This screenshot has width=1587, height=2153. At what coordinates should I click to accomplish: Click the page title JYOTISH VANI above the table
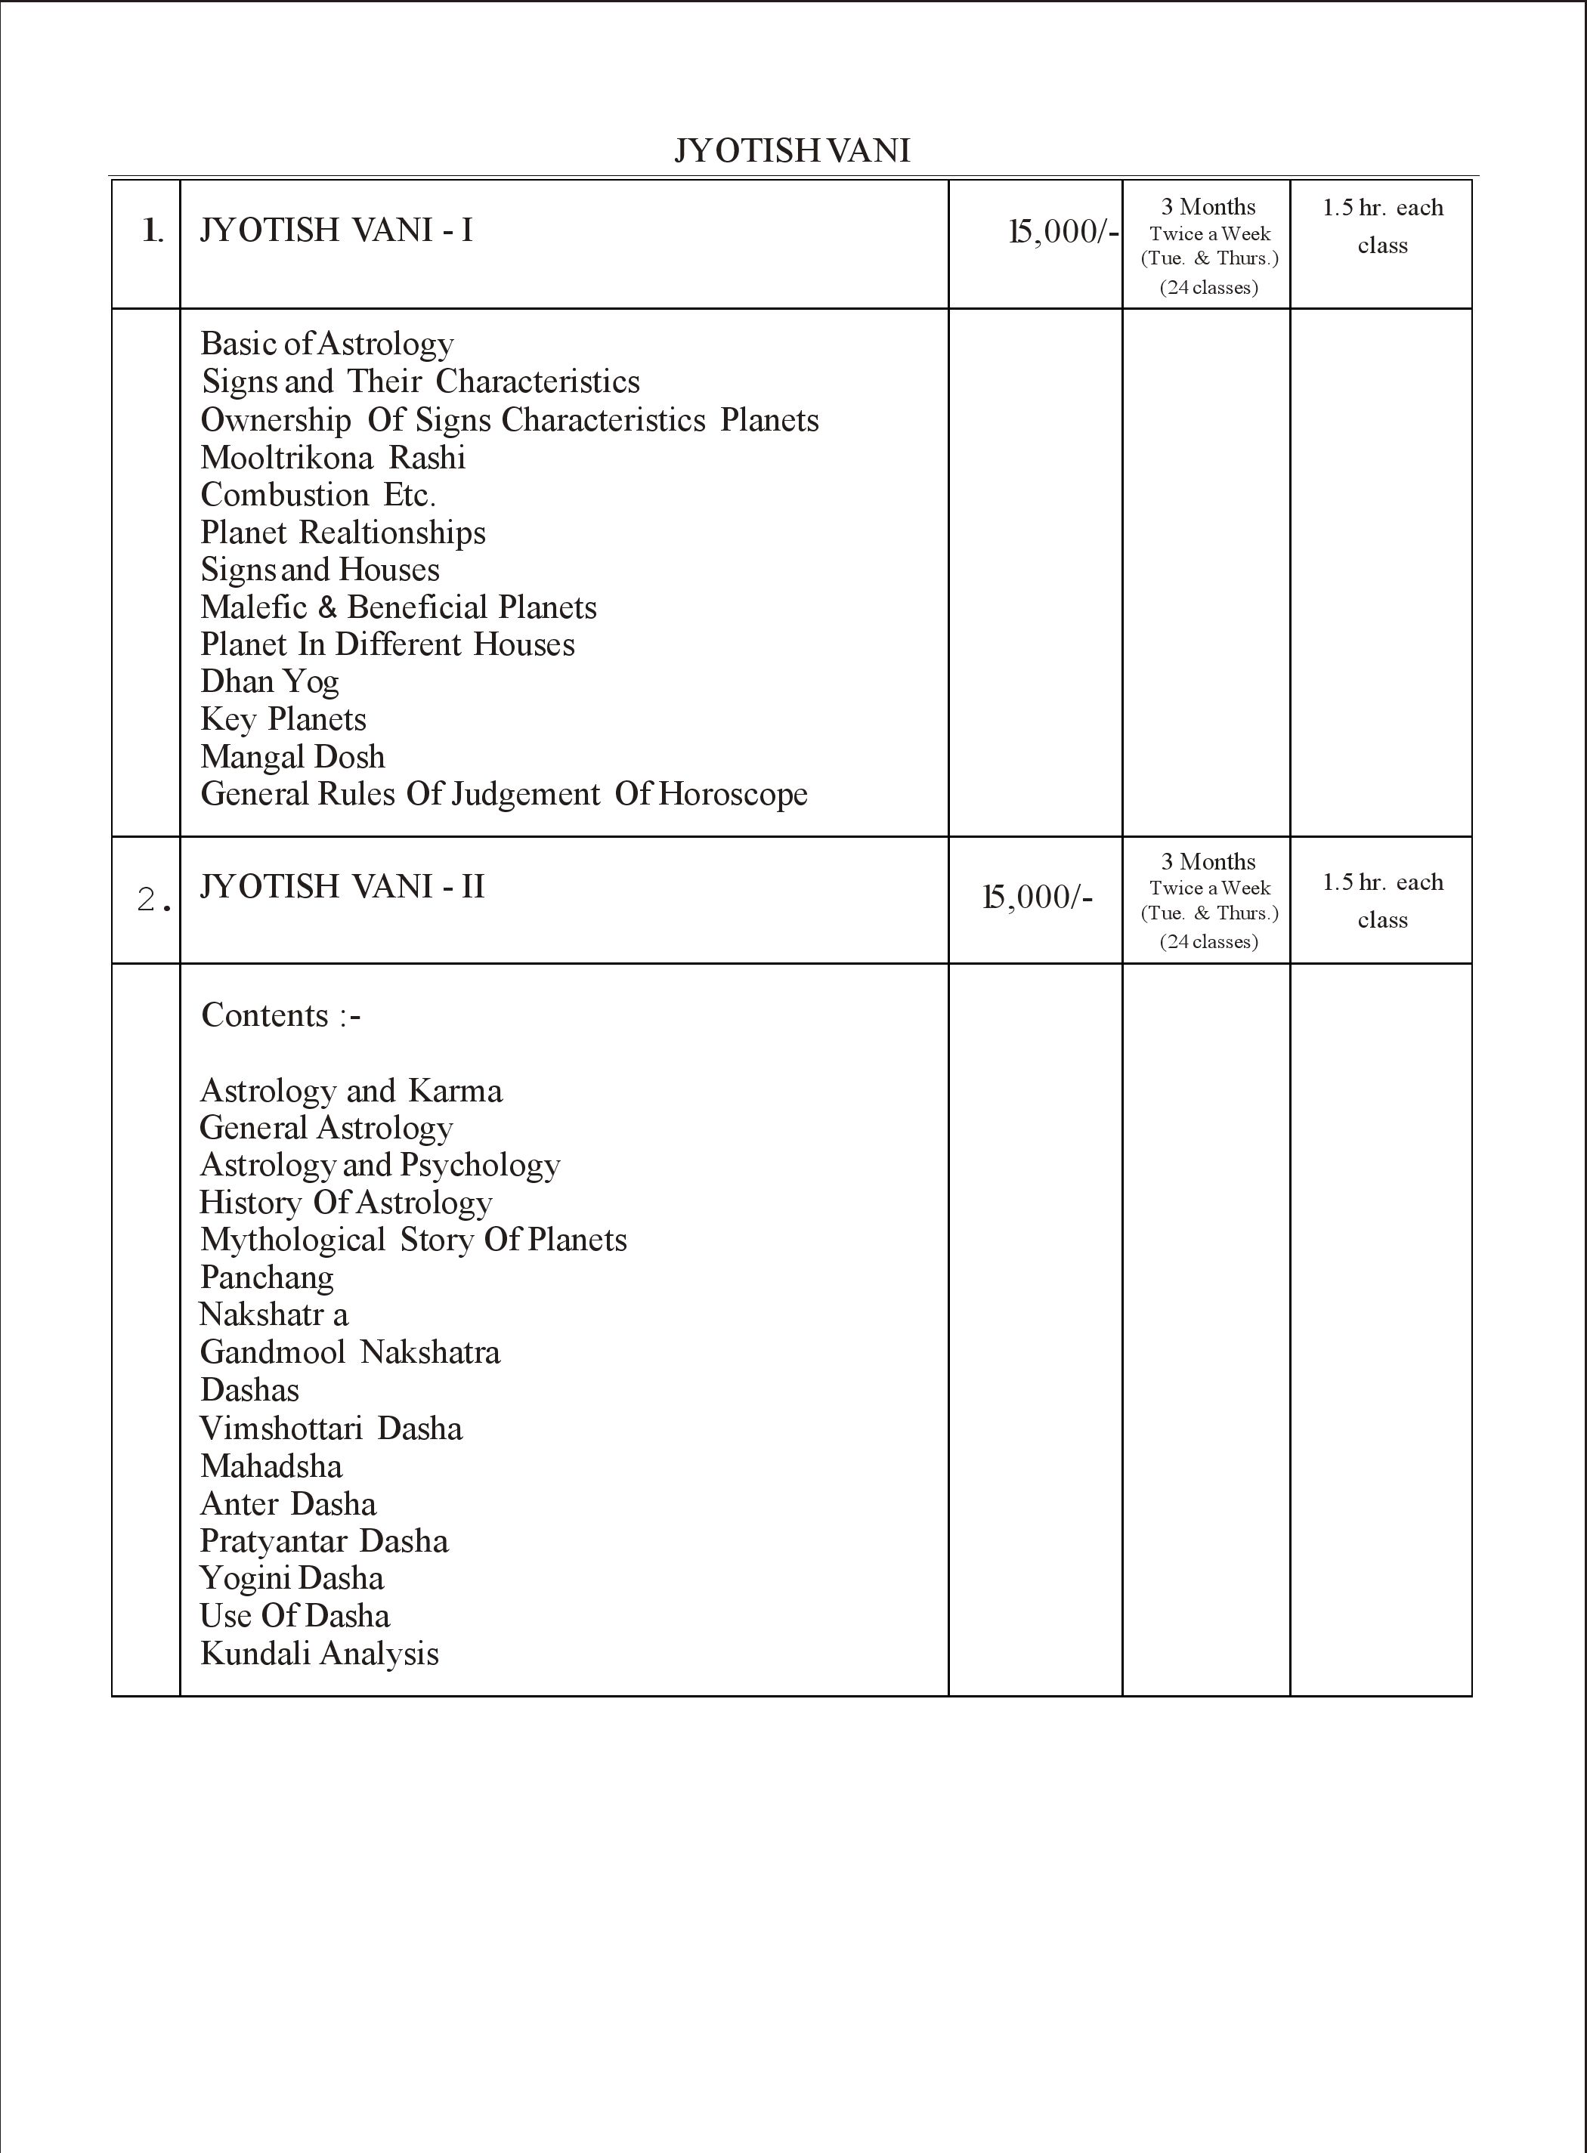coord(791,151)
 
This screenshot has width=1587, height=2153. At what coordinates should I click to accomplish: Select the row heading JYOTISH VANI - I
coord(336,230)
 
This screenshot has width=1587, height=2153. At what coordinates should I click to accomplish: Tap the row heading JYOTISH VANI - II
coord(342,885)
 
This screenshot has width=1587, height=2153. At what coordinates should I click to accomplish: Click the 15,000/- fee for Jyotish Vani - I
coord(1063,231)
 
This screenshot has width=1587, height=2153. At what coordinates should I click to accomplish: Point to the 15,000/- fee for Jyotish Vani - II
coord(1038,897)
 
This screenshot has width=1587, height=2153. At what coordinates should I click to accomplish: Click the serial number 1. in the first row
coord(153,231)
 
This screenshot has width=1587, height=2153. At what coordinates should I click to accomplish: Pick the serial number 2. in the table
coord(153,900)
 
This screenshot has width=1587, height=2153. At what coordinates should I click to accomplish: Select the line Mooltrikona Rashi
coord(333,457)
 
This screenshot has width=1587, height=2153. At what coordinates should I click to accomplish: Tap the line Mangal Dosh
coord(293,757)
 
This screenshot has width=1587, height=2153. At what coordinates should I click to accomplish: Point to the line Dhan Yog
coord(270,682)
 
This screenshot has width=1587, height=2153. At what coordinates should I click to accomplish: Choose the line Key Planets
coord(283,719)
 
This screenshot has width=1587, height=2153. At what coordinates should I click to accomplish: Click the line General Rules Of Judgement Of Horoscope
coord(503,794)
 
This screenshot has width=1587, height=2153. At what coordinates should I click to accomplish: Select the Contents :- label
coord(280,1015)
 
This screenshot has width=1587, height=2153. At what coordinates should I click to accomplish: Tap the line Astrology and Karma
coord(351,1091)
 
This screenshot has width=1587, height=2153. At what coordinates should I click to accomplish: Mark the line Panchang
coord(267,1277)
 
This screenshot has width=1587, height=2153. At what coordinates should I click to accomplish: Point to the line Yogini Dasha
coord(292,1578)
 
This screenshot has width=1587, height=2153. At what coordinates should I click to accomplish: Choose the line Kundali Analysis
coord(320,1653)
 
